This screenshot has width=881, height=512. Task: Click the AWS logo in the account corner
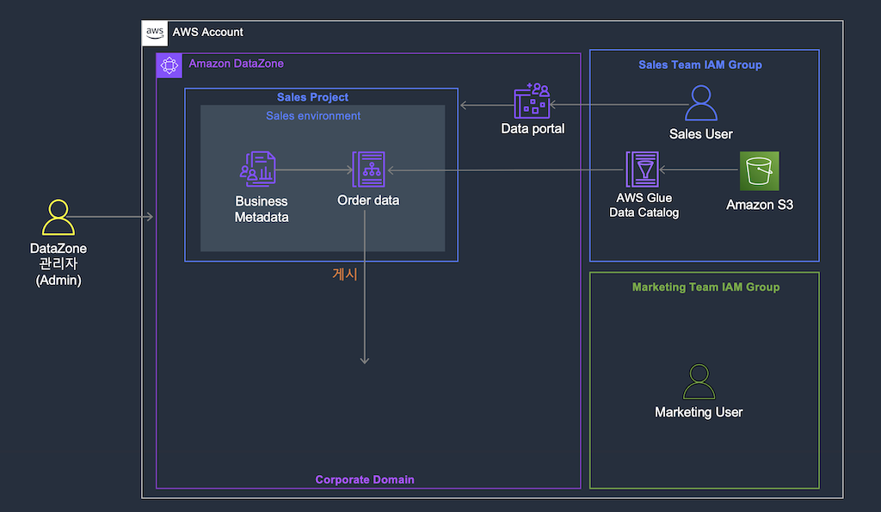click(x=155, y=33)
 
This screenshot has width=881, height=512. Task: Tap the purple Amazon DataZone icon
click(x=169, y=65)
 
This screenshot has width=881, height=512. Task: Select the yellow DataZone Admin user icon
click(x=59, y=218)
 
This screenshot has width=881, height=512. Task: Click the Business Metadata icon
click(x=258, y=170)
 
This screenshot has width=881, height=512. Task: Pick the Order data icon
click(x=368, y=170)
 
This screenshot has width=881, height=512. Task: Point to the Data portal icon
click(x=532, y=102)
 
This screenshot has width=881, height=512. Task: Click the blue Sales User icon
click(x=701, y=103)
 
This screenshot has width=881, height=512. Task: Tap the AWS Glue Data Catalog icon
click(x=642, y=170)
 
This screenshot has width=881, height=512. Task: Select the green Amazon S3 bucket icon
click(x=759, y=171)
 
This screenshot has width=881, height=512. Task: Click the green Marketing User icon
click(x=699, y=381)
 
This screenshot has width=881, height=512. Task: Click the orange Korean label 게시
click(x=345, y=275)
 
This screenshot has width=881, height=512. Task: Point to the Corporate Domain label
click(x=365, y=479)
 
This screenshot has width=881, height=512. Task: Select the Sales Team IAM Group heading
click(x=700, y=65)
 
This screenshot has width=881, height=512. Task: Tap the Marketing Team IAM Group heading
click(x=705, y=287)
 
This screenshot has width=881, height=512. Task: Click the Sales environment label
click(x=313, y=116)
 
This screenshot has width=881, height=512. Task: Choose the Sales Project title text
click(x=312, y=97)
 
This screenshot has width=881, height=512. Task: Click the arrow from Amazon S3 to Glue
click(x=699, y=170)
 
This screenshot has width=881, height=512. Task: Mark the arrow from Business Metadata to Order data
click(x=314, y=170)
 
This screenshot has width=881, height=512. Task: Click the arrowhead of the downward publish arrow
click(x=365, y=361)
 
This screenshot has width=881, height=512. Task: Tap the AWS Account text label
click(x=208, y=32)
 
